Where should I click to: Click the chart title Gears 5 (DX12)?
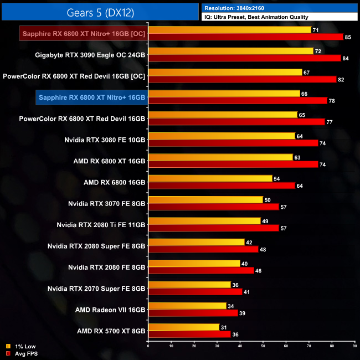(100, 12)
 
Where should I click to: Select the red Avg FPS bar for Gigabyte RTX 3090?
(244, 58)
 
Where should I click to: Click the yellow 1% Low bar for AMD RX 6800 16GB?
(210, 178)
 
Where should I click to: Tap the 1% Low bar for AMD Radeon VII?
(187, 306)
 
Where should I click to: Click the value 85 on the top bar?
(347, 37)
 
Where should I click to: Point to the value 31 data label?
(223, 327)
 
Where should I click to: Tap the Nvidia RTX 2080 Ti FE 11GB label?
(101, 225)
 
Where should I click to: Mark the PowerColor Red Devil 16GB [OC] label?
(74, 76)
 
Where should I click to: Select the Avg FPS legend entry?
(22, 353)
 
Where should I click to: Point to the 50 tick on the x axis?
(263, 347)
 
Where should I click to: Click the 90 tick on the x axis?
(354, 347)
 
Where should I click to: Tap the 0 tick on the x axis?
(148, 347)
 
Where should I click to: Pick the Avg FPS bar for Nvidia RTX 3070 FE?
(214, 207)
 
